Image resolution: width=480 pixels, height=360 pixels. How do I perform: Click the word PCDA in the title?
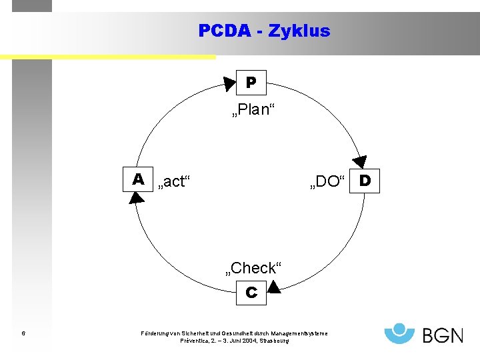[225, 31]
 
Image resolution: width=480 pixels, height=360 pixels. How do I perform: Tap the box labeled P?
[251, 83]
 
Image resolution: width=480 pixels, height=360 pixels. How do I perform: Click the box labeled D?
[365, 180]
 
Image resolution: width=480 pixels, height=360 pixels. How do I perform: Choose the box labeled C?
[251, 292]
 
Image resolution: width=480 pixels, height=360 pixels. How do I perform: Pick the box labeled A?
[139, 179]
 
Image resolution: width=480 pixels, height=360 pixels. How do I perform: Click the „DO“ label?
[326, 181]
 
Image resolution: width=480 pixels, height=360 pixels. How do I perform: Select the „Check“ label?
[254, 268]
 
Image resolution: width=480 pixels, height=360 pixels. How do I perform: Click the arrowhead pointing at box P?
[229, 83]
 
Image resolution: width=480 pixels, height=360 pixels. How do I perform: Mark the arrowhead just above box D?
[360, 162]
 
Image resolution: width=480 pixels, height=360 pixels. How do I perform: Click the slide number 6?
[23, 333]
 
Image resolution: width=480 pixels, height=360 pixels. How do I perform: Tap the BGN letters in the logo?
[443, 334]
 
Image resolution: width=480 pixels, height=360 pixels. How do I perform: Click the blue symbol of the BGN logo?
[400, 332]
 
